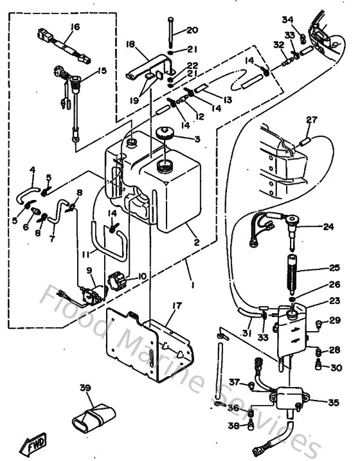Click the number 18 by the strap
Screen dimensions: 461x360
point(130,44)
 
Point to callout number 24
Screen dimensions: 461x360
point(328,226)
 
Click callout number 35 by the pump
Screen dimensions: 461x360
point(333,403)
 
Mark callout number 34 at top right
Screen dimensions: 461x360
point(287,19)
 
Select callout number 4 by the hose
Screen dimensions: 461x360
point(32,170)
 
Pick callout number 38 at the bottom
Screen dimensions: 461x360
point(234,425)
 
